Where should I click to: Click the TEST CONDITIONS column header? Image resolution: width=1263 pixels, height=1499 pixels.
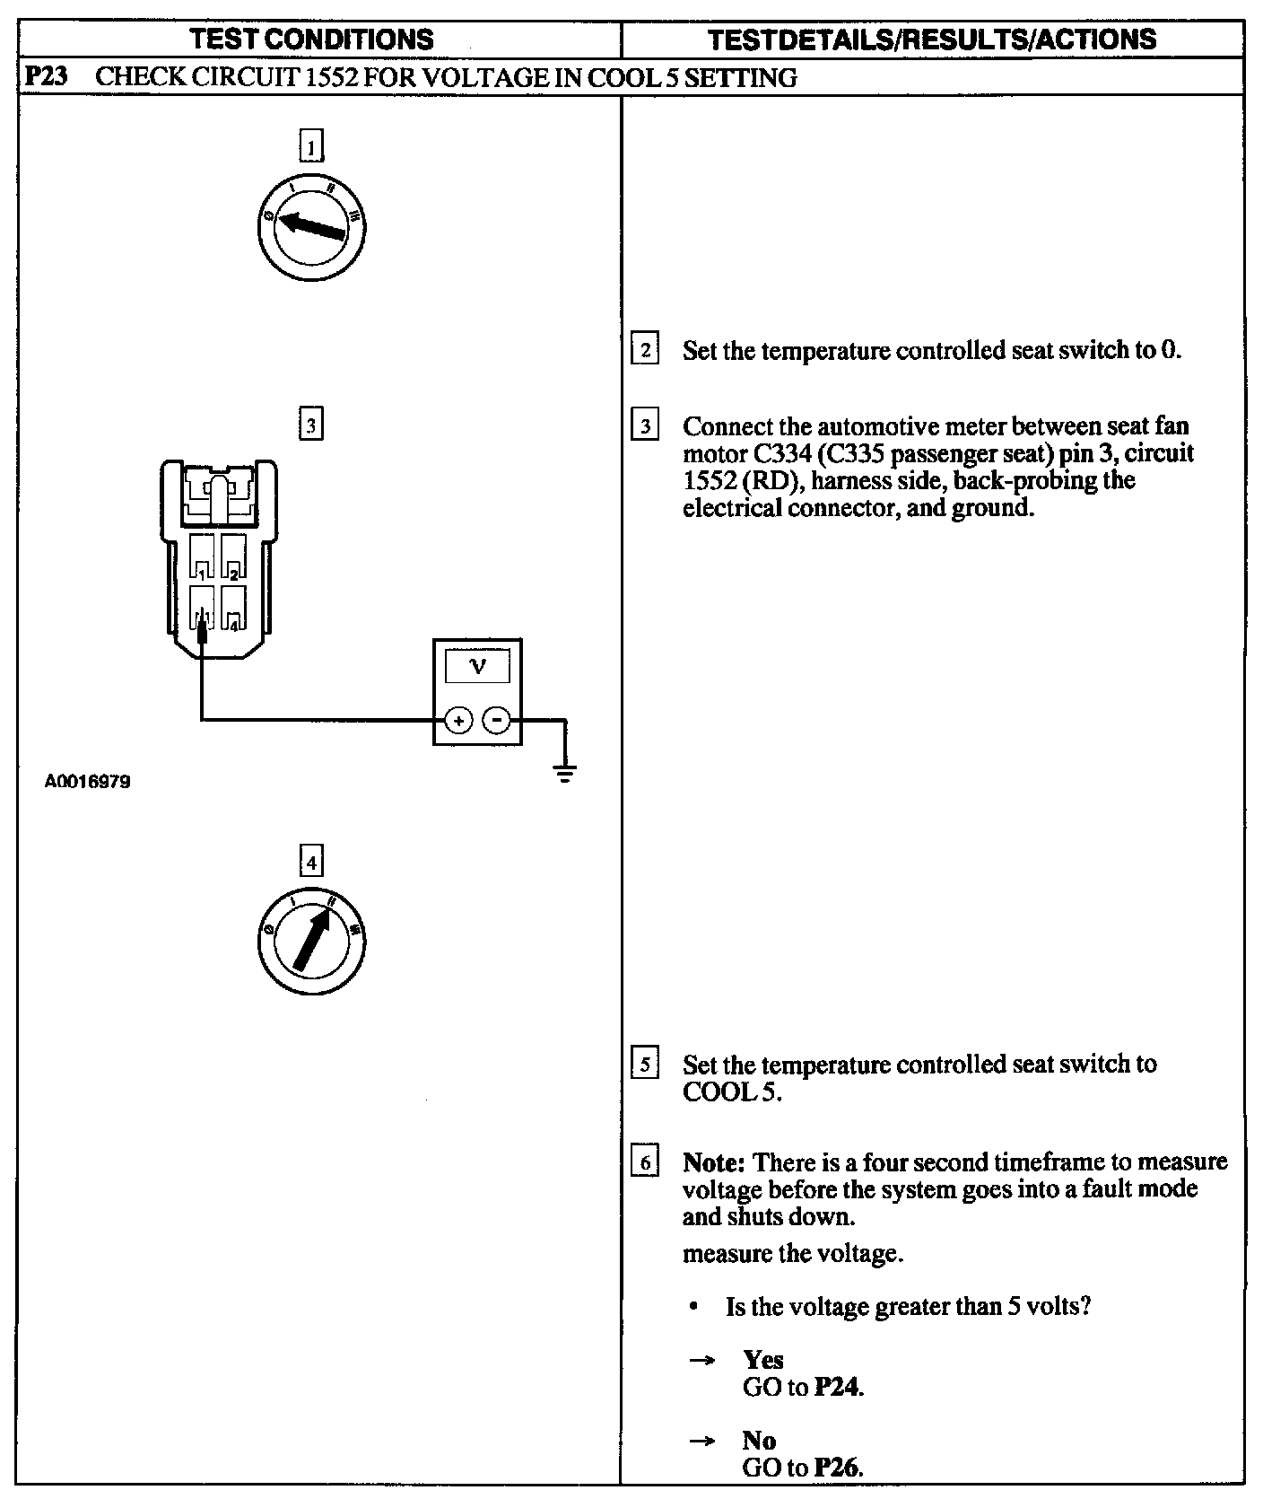(x=312, y=39)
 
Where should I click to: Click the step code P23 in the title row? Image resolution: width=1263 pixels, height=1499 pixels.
(x=45, y=78)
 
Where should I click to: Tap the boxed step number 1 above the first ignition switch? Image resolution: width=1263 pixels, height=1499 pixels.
(x=310, y=145)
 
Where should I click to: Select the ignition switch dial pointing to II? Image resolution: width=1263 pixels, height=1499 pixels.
(x=310, y=942)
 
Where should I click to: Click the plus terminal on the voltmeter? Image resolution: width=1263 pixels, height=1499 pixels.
(x=458, y=720)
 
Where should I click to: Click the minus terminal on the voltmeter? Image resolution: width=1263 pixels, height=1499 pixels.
(x=497, y=720)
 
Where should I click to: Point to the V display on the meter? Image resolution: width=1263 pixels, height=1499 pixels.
(x=477, y=667)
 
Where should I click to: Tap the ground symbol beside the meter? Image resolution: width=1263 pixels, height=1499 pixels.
(x=564, y=773)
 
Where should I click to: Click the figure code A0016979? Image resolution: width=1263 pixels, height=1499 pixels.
(x=88, y=782)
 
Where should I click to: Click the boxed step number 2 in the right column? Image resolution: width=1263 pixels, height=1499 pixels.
(x=645, y=348)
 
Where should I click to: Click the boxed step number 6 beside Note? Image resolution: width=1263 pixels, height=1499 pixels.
(x=645, y=1162)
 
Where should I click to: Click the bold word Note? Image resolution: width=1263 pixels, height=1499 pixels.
(x=714, y=1162)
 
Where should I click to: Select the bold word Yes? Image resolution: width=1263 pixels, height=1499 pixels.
(x=762, y=1360)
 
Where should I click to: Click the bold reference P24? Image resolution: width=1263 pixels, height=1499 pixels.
(x=839, y=1388)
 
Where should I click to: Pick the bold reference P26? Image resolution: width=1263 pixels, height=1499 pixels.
(x=839, y=1468)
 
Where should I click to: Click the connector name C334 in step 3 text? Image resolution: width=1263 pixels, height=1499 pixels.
(x=776, y=453)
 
